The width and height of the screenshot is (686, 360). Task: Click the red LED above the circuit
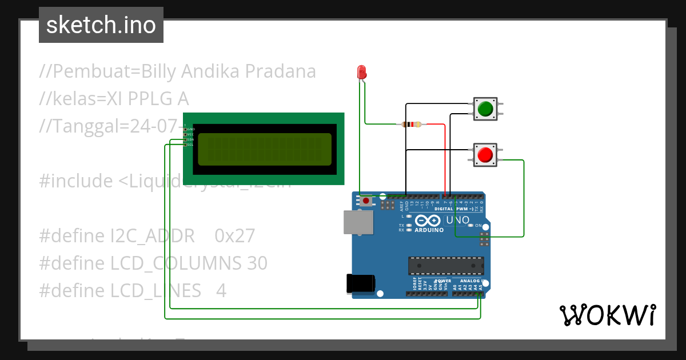[x=361, y=72]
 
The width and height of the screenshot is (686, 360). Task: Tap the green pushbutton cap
[x=485, y=109]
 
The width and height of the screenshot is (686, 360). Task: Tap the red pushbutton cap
[x=485, y=155]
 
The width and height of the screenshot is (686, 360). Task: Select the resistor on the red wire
[x=412, y=124]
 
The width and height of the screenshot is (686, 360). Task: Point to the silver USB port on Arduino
[x=358, y=222]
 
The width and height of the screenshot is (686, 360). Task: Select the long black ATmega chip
[x=446, y=266]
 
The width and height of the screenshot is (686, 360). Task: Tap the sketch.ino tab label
[x=101, y=25]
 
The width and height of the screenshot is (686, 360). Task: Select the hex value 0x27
[x=234, y=235]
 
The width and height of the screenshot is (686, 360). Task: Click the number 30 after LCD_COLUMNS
[x=257, y=263]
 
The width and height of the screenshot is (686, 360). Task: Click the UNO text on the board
[x=457, y=220]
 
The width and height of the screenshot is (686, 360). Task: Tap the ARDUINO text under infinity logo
[x=429, y=230]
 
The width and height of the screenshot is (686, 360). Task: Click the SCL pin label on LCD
[x=190, y=145]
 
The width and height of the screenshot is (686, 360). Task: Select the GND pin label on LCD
[x=190, y=129]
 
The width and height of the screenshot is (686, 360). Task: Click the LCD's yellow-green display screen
[x=265, y=150]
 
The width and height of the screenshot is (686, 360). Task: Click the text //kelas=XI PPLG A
[x=114, y=99]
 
